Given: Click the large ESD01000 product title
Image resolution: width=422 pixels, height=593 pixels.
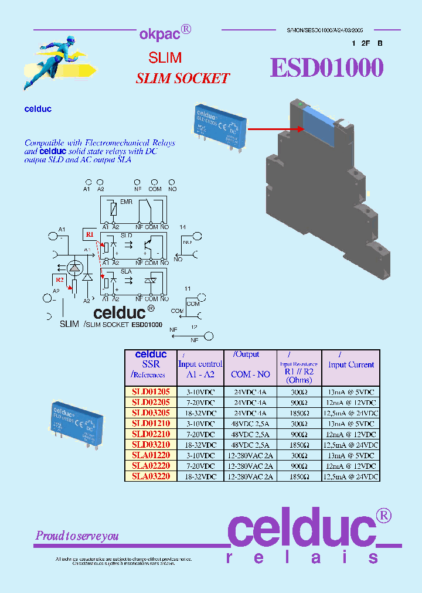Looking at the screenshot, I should [x=326, y=68].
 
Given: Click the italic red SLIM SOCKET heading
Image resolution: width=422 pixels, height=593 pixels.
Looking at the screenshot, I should [x=182, y=79].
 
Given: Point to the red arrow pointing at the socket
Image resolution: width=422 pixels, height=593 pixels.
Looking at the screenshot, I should [x=272, y=128].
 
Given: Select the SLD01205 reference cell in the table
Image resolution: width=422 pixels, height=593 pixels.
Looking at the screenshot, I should [x=151, y=391].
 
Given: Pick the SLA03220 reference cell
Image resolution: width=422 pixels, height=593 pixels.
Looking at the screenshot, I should [x=151, y=476].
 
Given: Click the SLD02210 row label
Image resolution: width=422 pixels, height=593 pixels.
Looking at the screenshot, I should [x=151, y=434].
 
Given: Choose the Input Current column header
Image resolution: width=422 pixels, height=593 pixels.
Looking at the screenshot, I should [x=350, y=364].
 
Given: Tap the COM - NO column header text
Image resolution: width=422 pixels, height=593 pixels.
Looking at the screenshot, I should [x=250, y=374].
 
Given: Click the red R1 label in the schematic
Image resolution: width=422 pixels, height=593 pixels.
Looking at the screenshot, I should [x=90, y=234].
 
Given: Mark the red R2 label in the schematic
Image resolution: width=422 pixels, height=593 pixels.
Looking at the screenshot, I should [x=60, y=280].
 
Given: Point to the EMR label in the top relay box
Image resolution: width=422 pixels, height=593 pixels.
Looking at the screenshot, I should [x=126, y=202].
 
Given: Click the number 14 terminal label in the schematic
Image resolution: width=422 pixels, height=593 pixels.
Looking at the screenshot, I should [x=183, y=227].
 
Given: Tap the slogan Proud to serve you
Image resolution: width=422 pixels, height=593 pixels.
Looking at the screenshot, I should [x=77, y=536].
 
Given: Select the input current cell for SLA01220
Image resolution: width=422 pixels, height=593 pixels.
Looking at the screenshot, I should [x=350, y=455].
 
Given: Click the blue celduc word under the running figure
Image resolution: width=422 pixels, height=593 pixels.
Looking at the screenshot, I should [x=38, y=109].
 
